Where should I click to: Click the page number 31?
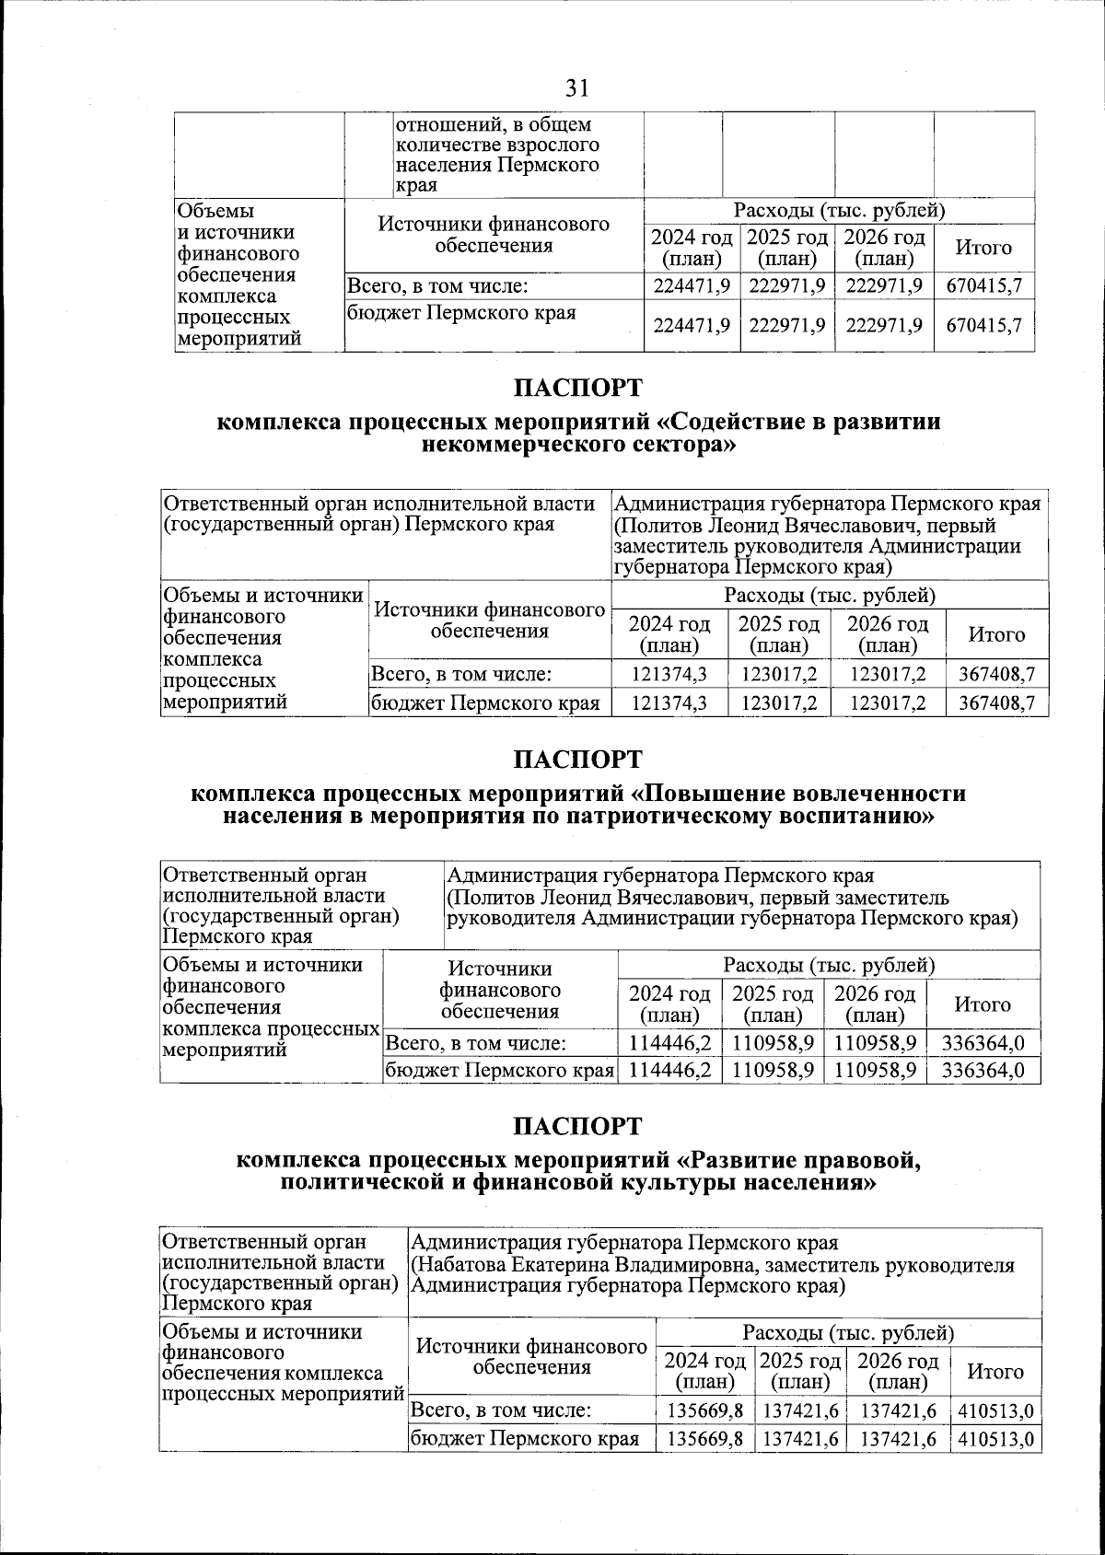[x=576, y=88]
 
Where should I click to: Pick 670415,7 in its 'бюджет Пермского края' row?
[x=983, y=325]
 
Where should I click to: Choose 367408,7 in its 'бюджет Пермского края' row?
[x=997, y=703]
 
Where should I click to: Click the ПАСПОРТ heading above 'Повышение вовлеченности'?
[x=577, y=760]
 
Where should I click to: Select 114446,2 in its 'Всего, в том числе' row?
[x=669, y=1043]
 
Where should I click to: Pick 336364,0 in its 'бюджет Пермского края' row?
[x=983, y=1071]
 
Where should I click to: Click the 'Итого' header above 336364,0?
[x=983, y=1004]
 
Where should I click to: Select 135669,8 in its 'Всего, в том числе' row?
[x=705, y=1410]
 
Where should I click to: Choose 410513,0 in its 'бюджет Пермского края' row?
[x=995, y=1439]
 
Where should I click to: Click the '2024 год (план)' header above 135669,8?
[x=705, y=1371]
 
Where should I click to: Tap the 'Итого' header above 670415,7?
[x=983, y=248]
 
